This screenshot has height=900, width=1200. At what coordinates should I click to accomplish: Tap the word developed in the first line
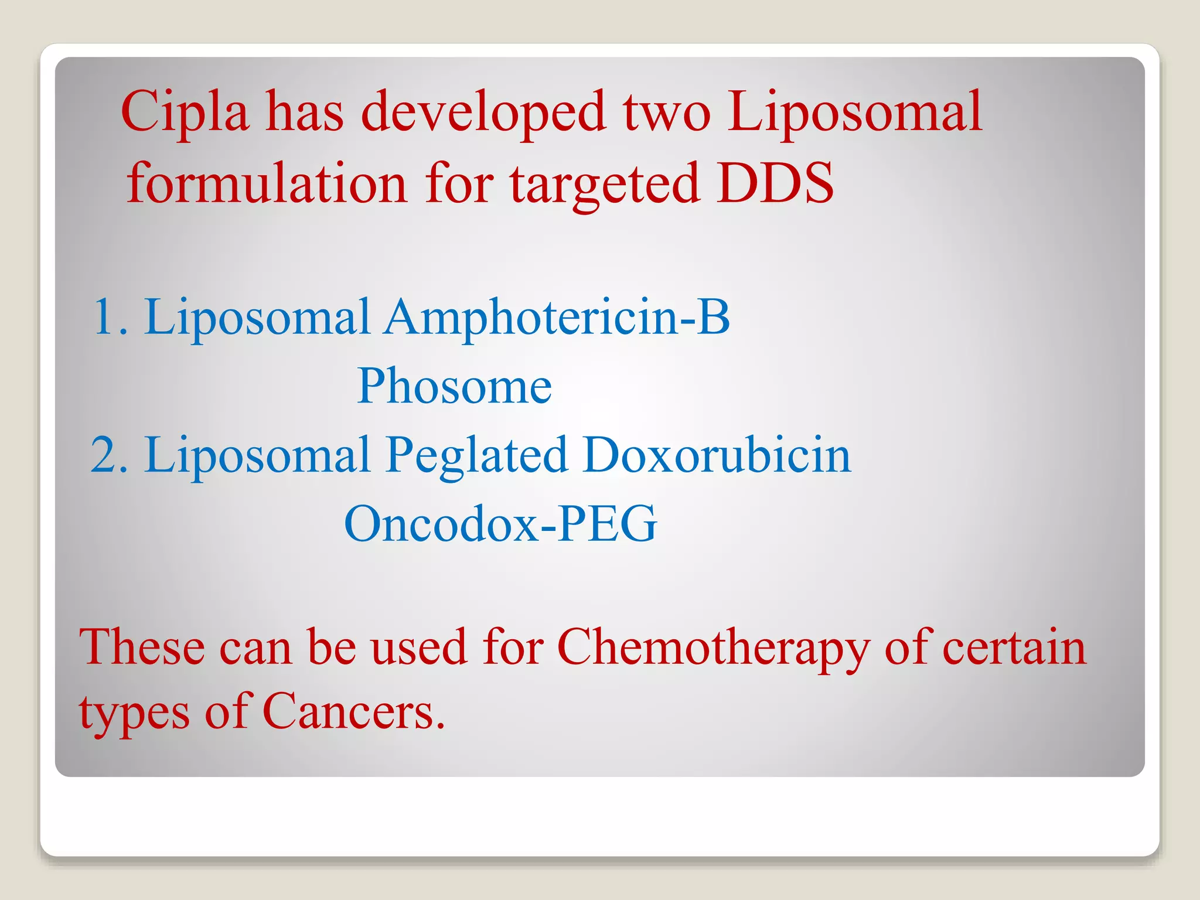tap(483, 112)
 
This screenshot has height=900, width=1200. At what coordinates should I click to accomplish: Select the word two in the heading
tap(667, 112)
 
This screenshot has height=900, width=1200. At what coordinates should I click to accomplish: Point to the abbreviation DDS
tap(775, 183)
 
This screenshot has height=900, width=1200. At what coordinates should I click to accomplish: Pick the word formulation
tap(267, 183)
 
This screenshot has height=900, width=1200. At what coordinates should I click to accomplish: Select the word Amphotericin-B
tap(557, 318)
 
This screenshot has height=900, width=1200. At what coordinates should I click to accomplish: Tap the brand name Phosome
tap(454, 386)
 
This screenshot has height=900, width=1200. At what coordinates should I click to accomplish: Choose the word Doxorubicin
tap(717, 455)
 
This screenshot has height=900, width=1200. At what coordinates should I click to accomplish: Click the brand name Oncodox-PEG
tap(500, 524)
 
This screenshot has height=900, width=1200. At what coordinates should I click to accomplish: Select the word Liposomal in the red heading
tap(854, 112)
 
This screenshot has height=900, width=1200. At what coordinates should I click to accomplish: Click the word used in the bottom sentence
tap(418, 647)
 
